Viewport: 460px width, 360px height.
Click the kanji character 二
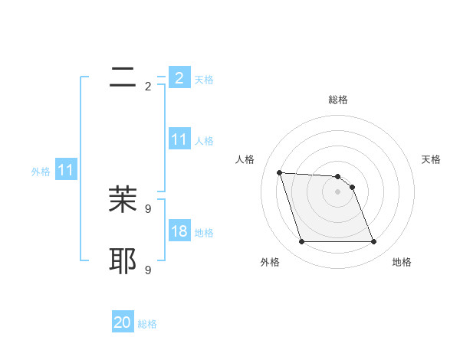click(x=123, y=77)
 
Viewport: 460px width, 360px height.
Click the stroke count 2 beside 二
click(x=148, y=87)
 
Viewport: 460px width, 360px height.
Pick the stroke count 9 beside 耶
click(x=148, y=270)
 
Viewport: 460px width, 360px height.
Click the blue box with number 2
click(x=179, y=78)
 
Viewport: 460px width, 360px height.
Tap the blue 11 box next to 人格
click(x=179, y=139)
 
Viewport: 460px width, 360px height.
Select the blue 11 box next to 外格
click(x=66, y=170)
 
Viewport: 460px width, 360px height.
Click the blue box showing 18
click(x=179, y=231)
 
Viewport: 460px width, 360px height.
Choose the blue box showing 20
click(x=123, y=322)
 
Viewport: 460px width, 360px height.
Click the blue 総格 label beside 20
click(x=147, y=324)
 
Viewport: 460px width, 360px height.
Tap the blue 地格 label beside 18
click(x=204, y=233)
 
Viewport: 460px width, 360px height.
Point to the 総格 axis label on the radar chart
click(x=337, y=100)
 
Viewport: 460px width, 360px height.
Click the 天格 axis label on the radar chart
click(x=431, y=159)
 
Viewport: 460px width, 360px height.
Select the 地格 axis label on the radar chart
click(x=402, y=262)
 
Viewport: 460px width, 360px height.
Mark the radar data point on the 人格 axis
click(x=279, y=172)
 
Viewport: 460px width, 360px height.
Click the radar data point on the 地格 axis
click(x=373, y=242)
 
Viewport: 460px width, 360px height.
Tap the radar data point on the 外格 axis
click(x=301, y=242)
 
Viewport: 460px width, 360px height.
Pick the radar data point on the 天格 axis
click(x=352, y=187)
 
